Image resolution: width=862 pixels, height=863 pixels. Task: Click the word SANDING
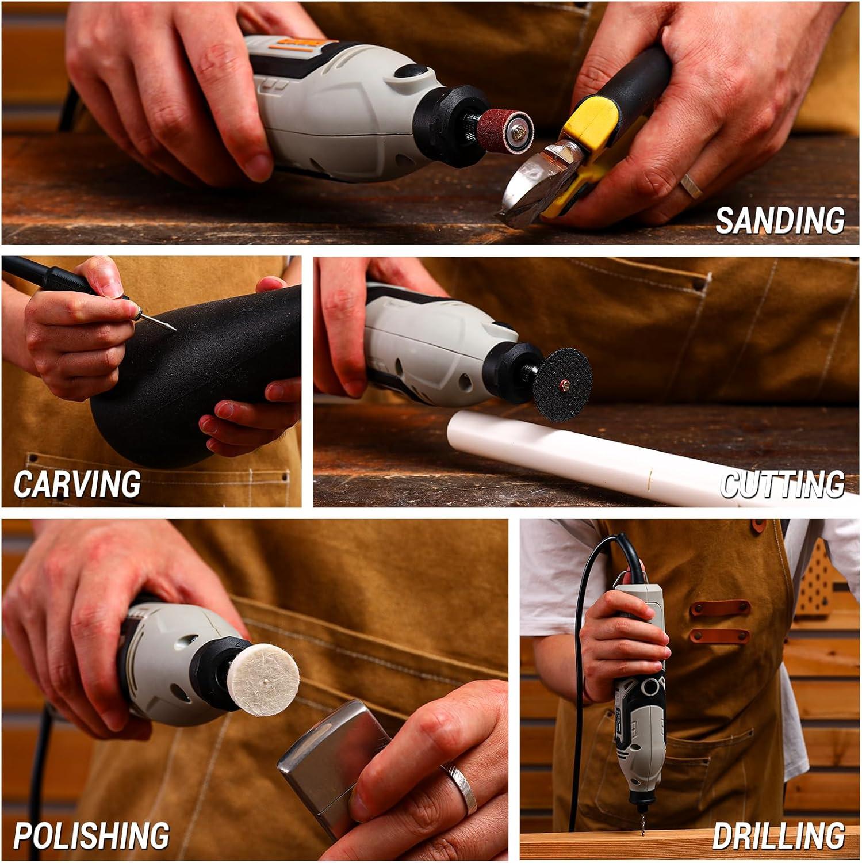pyautogui.click(x=779, y=220)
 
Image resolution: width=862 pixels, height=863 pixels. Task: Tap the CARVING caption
pyautogui.click(x=77, y=483)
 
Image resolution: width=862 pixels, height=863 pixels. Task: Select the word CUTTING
pyautogui.click(x=782, y=484)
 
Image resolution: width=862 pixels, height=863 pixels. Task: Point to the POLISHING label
pyautogui.click(x=91, y=835)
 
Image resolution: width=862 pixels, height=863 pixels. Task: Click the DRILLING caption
pyautogui.click(x=779, y=835)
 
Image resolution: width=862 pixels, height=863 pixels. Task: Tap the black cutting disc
pyautogui.click(x=556, y=383)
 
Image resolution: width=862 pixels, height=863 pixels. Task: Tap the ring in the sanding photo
pyautogui.click(x=691, y=186)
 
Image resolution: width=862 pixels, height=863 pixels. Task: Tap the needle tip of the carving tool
pyautogui.click(x=175, y=329)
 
